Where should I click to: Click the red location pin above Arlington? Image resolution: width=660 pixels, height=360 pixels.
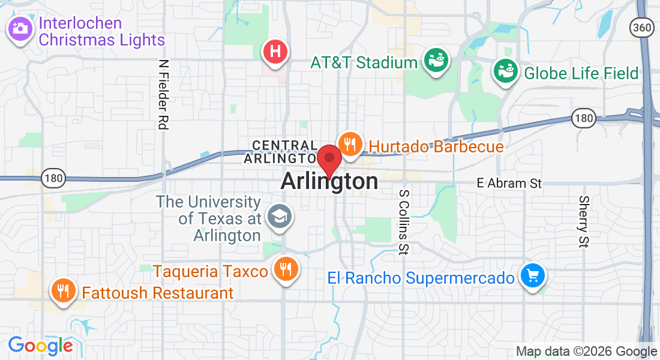pos(329,159)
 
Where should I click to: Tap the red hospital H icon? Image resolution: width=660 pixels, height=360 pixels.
pos(275,51)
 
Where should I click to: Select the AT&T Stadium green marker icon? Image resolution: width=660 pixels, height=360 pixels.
pos(436,61)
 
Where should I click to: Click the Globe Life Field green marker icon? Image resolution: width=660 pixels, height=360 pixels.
pos(506,72)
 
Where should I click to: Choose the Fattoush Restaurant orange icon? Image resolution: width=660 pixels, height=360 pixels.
pos(62,291)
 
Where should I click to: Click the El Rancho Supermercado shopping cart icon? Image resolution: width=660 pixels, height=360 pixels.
pos(532,276)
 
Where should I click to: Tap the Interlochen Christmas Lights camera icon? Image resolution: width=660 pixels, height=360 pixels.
pos(20,28)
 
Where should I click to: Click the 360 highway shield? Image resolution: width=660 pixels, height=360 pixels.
pos(641,27)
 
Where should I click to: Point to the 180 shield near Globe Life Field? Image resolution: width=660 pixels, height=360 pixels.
pos(583,118)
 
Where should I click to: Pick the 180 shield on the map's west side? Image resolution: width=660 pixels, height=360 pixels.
pos(53,178)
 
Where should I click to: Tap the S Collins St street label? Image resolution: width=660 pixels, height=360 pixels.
pos(404,223)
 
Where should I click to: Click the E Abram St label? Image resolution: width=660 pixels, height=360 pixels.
pos(509,183)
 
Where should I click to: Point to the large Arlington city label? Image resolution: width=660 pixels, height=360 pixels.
pos(329,181)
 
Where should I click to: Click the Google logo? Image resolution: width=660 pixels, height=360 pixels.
pos(40,346)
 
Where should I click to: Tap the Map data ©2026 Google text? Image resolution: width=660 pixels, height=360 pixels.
pos(587,352)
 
